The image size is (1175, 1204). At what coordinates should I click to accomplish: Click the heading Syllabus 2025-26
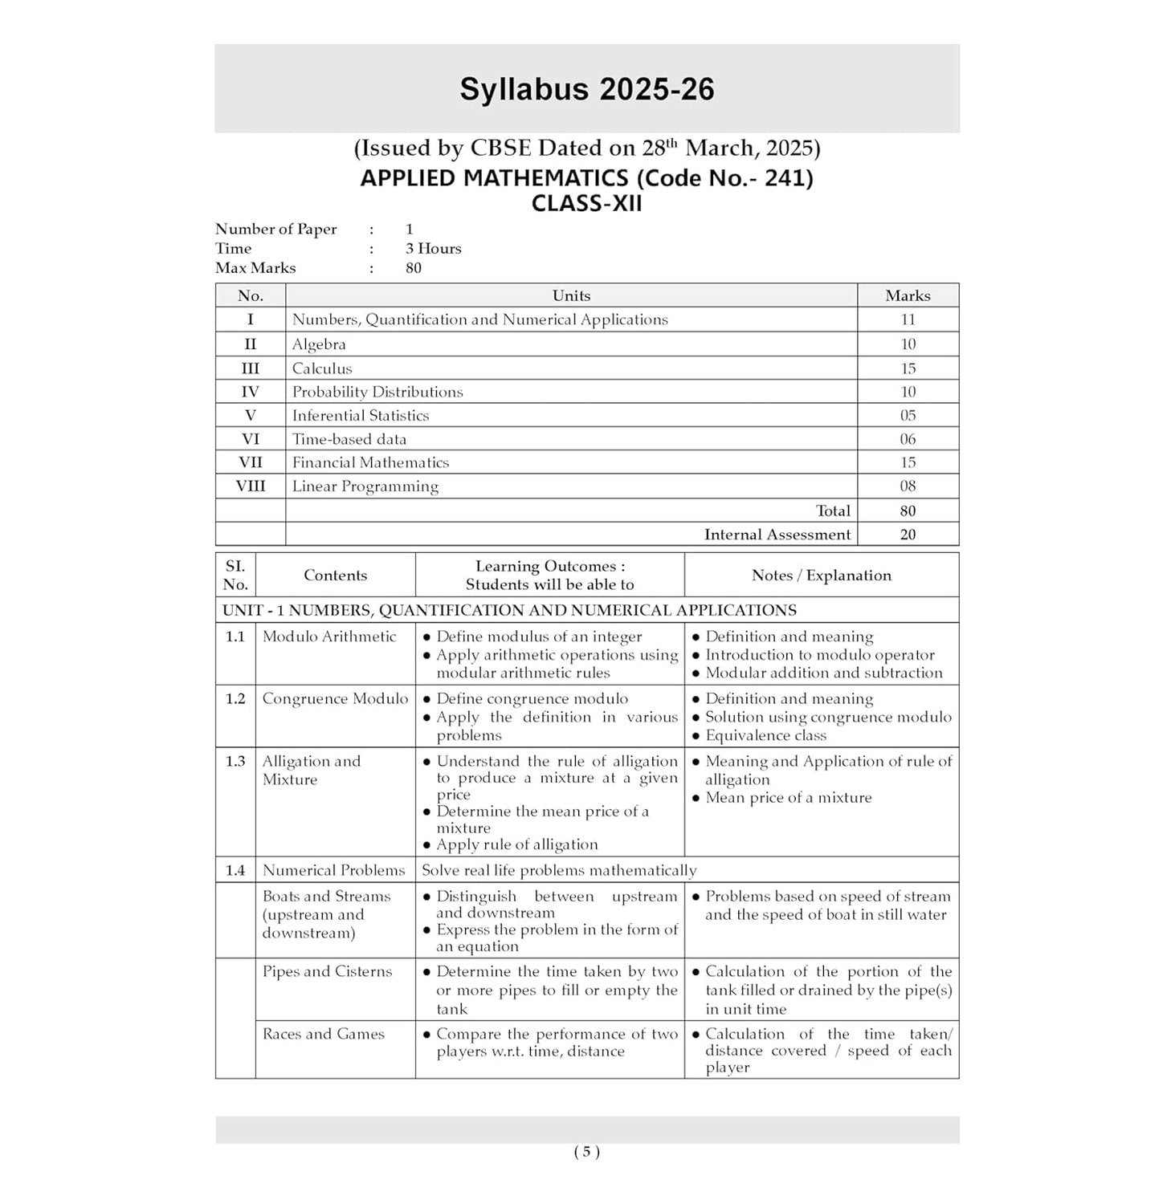click(586, 89)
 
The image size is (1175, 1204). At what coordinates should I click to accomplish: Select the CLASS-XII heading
click(586, 204)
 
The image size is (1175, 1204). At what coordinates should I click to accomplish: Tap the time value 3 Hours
click(433, 249)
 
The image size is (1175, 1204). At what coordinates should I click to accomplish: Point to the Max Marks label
click(255, 268)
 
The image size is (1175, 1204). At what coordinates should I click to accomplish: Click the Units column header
click(571, 295)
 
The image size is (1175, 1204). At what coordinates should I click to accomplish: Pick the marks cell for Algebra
click(908, 344)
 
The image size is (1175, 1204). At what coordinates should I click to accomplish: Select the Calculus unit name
click(322, 368)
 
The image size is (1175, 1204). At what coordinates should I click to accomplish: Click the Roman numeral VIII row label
click(251, 486)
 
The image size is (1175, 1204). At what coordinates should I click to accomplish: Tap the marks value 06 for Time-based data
click(908, 439)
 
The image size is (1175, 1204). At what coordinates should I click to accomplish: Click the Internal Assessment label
click(777, 535)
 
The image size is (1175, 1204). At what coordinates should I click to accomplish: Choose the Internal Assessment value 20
click(908, 535)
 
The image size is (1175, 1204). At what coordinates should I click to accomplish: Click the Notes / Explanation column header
click(821, 576)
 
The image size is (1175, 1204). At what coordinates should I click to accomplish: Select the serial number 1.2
click(235, 699)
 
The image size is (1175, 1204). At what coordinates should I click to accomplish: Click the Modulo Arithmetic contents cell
click(329, 637)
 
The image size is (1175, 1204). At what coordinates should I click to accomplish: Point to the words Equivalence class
click(765, 735)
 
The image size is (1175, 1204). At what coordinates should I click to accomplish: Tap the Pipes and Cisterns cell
click(327, 972)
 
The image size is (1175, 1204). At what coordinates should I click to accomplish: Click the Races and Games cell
click(323, 1035)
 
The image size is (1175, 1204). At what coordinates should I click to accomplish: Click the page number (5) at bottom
click(586, 1152)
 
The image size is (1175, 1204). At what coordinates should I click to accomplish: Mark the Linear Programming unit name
click(365, 486)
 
